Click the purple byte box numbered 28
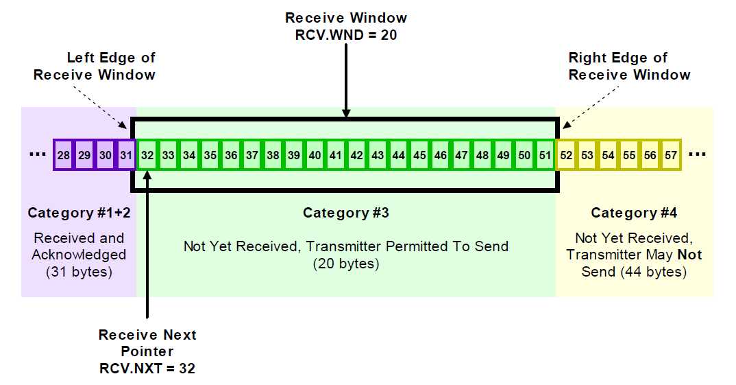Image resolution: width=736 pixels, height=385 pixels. pyautogui.click(x=64, y=156)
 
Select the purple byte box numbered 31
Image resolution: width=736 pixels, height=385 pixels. pyautogui.click(x=126, y=156)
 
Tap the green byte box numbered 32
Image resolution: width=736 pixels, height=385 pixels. pyautogui.click(x=147, y=156)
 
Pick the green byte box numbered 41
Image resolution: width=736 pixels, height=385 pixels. pyautogui.click(x=336, y=156)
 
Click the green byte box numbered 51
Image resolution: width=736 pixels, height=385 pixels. pyautogui.click(x=545, y=156)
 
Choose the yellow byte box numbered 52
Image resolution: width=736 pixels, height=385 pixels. pyautogui.click(x=566, y=156)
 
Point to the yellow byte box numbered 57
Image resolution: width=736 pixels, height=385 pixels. pyautogui.click(x=671, y=156)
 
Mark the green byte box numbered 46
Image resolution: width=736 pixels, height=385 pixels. pyautogui.click(x=441, y=156)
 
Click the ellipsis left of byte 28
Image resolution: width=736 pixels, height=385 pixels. pyautogui.click(x=36, y=154)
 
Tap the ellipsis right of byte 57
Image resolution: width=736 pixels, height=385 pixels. pyautogui.click(x=697, y=154)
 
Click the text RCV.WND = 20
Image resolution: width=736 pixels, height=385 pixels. pyautogui.click(x=346, y=34)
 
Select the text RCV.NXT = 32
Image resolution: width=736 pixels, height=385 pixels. pyautogui.click(x=147, y=369)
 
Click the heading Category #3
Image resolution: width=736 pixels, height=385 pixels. pyautogui.click(x=346, y=213)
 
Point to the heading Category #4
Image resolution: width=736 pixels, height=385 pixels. pyautogui.click(x=634, y=213)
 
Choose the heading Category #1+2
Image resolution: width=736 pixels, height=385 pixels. pyautogui.click(x=79, y=213)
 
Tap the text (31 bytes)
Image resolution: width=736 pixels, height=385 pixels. pyautogui.click(x=79, y=272)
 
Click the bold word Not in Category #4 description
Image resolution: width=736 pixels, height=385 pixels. pyautogui.click(x=689, y=255)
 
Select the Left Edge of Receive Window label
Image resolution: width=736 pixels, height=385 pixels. pyautogui.click(x=95, y=67)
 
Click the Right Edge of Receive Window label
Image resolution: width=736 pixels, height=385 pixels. pyautogui.click(x=629, y=67)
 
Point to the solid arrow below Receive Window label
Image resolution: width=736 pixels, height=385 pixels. pyautogui.click(x=346, y=82)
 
